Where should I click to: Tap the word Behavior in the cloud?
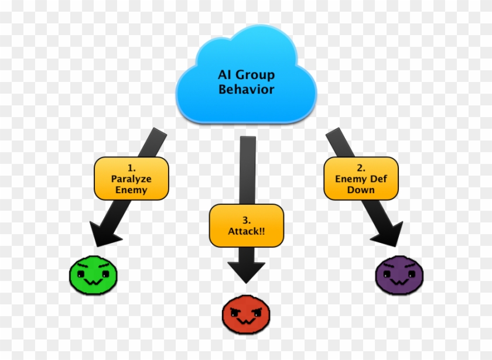(246, 90)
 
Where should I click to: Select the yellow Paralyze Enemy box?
(132, 178)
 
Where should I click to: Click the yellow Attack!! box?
(246, 225)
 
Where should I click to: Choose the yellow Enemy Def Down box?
(361, 178)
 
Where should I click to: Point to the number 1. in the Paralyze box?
(132, 167)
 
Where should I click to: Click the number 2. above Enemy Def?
(361, 167)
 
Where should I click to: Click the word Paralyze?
(132, 179)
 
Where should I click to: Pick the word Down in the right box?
(361, 190)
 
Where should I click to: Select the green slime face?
(94, 275)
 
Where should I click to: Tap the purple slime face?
(399, 275)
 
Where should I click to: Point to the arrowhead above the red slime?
(246, 272)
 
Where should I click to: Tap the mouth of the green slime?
(93, 282)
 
